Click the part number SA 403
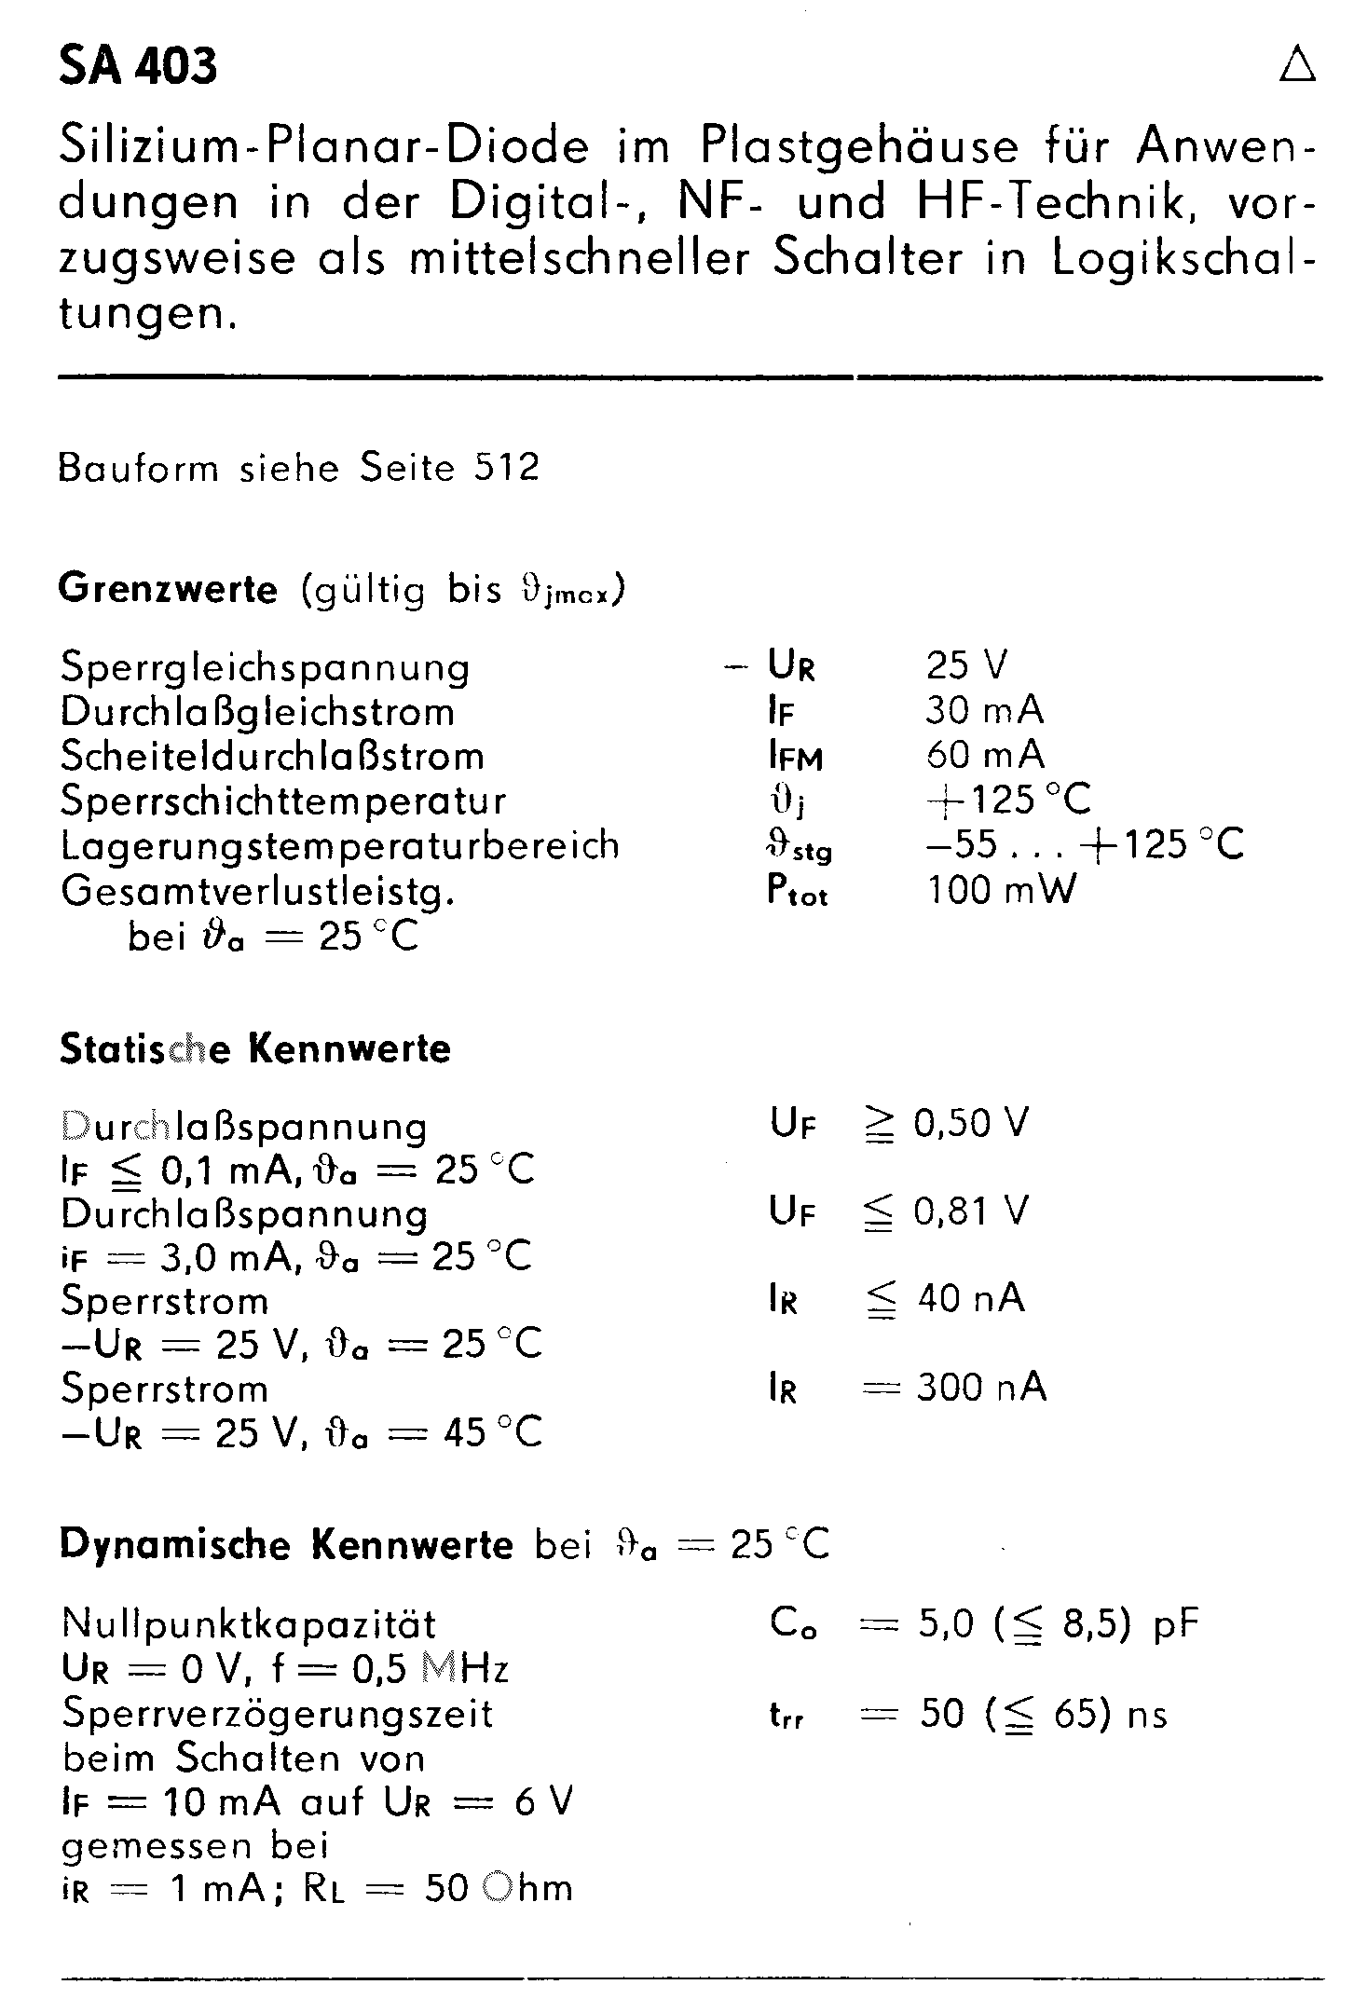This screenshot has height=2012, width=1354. coord(138,67)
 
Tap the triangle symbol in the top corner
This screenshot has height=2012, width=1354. coord(1297,65)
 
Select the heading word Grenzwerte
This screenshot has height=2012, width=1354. coord(168,590)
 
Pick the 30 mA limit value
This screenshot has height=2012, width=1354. coord(984,711)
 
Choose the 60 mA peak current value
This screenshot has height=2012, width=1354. coord(984,755)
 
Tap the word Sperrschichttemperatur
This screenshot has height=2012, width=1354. coord(283,801)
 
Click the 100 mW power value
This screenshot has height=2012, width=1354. coord(1001,890)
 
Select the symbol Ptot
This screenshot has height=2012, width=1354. coord(797,892)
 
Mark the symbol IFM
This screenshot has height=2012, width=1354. coord(795,757)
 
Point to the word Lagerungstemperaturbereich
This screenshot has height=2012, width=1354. coord(339,845)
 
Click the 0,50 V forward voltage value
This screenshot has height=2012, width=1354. coord(971,1124)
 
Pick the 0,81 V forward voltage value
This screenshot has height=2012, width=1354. coord(971,1211)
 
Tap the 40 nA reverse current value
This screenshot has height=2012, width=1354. coord(970,1298)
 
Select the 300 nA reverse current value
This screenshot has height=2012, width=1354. coord(981,1389)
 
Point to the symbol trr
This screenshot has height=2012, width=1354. coord(786,1716)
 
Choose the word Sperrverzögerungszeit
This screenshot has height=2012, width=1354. coord(277,1714)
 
